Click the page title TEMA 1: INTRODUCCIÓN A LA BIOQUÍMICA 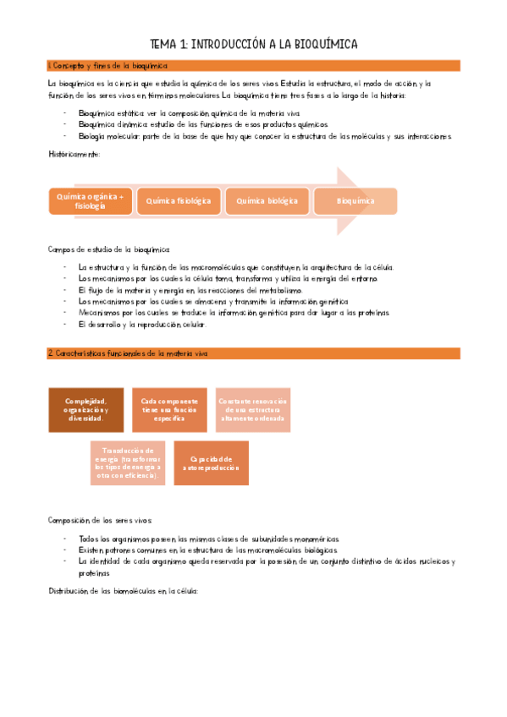[253, 44]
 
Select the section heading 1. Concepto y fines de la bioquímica [108, 65]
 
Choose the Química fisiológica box [178, 201]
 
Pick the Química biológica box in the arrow [267, 201]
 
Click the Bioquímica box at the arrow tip [355, 201]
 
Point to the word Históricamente [74, 154]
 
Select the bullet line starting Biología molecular [265, 136]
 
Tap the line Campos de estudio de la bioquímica [108, 249]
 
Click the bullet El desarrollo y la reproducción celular [141, 325]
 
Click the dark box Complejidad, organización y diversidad [85, 410]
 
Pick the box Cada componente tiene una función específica [169, 410]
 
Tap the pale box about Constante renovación [252, 410]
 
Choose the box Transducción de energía [127, 462]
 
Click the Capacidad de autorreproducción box [211, 462]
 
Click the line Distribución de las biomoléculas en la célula [122, 591]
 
